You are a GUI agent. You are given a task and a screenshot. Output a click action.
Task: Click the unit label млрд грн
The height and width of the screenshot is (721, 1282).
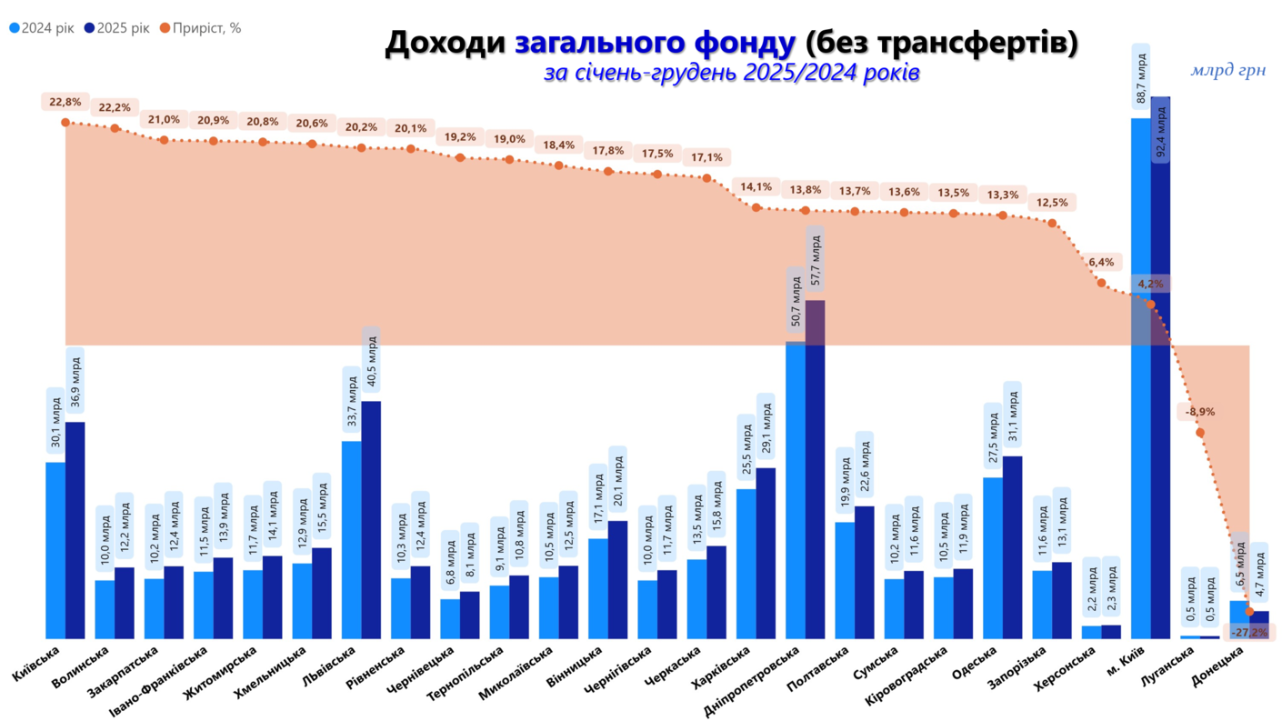pos(1227,70)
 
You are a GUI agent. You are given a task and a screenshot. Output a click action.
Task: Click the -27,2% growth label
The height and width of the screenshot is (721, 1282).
pos(1248,632)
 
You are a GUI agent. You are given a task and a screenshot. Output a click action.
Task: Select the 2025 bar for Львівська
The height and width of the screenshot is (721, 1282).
pos(371,518)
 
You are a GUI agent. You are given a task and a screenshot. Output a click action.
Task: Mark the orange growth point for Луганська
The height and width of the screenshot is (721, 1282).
pos(1200,432)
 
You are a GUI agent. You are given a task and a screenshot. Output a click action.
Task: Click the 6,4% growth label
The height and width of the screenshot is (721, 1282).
pos(1100,263)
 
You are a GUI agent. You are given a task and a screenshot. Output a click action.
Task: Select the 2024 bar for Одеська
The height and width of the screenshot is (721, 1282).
pos(993,556)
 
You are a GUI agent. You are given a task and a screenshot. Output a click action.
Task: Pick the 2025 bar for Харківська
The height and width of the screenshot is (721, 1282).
pos(766,552)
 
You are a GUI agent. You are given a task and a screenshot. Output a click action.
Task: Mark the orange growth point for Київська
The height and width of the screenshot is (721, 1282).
pos(65,122)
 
